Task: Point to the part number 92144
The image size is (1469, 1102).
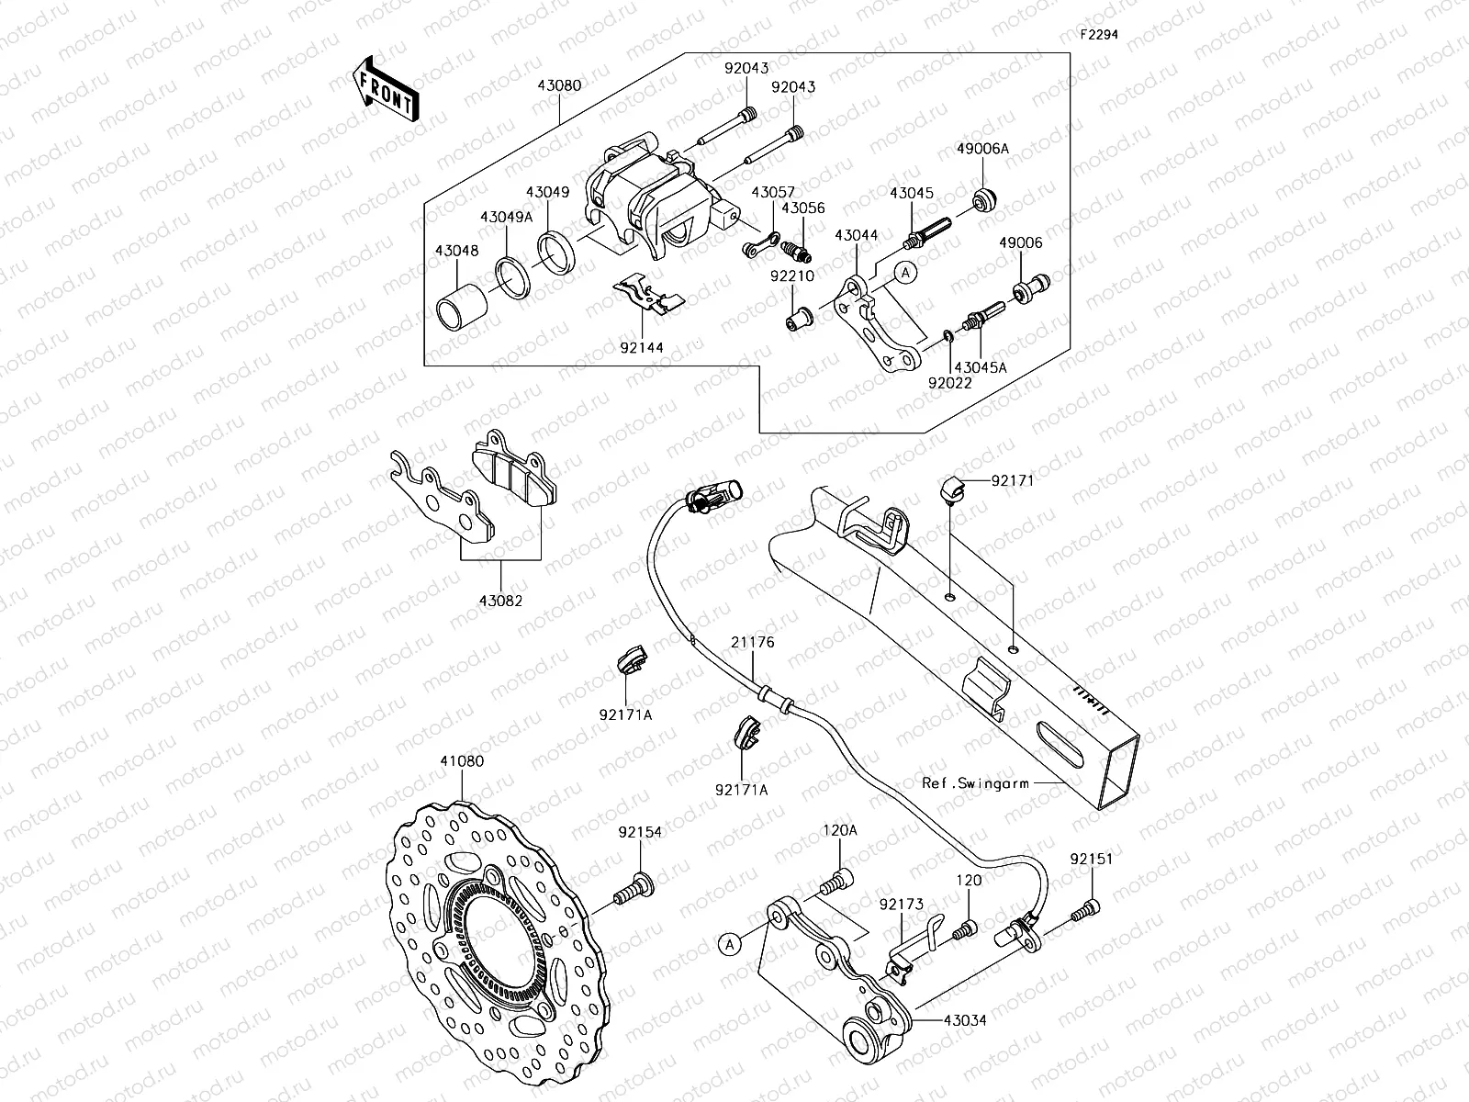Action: (x=641, y=348)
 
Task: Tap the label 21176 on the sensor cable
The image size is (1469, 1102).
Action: (x=753, y=643)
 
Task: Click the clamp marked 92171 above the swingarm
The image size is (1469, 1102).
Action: (x=953, y=489)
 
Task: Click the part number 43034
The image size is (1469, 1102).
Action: (x=964, y=1020)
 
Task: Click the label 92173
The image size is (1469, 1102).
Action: (x=901, y=905)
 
